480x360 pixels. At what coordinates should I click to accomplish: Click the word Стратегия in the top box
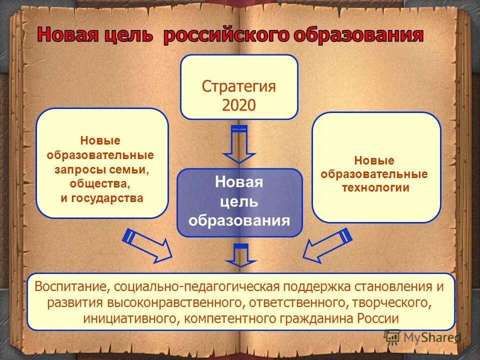[239, 86]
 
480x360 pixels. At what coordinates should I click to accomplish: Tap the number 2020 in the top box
[239, 104]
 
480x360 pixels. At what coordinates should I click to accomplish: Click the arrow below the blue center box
[240, 255]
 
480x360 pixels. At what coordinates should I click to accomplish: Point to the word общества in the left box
[99, 183]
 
